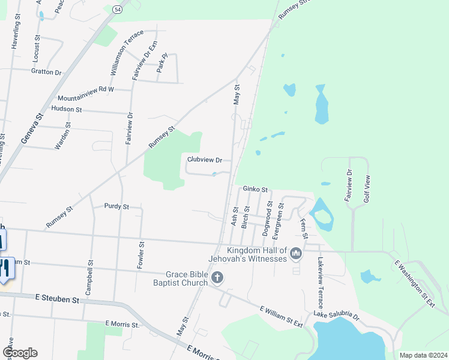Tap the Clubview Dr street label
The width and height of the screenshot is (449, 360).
[x=205, y=160]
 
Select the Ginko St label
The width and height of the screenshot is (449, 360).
[x=255, y=189]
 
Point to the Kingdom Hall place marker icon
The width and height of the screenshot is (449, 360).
[x=295, y=255]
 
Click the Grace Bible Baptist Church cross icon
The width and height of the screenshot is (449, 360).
[x=217, y=277]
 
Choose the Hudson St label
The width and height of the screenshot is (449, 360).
[x=67, y=109]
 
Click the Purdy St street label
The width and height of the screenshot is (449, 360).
[x=116, y=206]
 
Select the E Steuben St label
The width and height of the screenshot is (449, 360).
[x=58, y=298]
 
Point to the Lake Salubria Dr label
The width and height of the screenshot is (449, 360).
[x=336, y=316]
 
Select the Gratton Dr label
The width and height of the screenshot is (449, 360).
[x=46, y=72]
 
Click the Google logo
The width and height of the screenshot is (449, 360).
[x=19, y=353]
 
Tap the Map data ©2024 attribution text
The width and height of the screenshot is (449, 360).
[x=423, y=355]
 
